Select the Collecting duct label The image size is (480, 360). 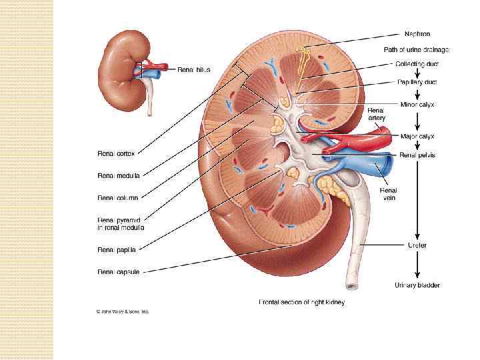coord(417,65)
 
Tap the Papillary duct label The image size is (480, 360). coord(417,83)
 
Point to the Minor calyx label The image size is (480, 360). coord(417,104)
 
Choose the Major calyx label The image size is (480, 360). coord(417,136)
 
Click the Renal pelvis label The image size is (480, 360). coord(417,155)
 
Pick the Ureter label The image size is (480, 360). coord(417,245)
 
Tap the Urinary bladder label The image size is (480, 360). coord(417,285)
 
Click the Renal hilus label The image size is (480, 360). coord(193,69)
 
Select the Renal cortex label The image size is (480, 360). coord(117,154)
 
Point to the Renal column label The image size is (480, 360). coord(118,197)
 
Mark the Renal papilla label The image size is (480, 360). coord(117,251)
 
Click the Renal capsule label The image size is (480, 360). coord(119,271)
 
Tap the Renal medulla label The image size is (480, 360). coord(119,176)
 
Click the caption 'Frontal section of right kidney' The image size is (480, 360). coord(302,302)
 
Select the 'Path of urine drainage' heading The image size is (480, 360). coord(417,49)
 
